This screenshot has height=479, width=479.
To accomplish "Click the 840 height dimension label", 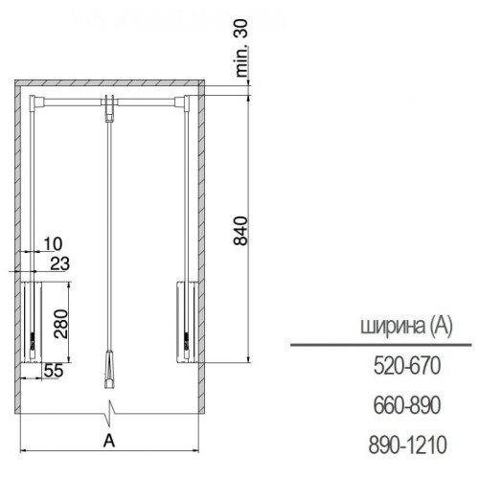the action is pyautogui.click(x=240, y=231).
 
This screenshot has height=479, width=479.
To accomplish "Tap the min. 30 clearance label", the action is pyautogui.click(x=241, y=48).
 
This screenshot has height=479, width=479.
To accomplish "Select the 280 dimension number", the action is pyautogui.click(x=61, y=324).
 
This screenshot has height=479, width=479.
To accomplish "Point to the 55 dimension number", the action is pyautogui.click(x=54, y=371).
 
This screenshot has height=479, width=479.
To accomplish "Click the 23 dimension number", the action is pyautogui.click(x=59, y=263).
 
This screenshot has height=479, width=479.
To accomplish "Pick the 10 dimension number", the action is pyautogui.click(x=53, y=244).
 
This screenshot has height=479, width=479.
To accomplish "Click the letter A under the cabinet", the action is pyautogui.click(x=109, y=441).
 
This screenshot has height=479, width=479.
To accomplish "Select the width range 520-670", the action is pyautogui.click(x=407, y=366).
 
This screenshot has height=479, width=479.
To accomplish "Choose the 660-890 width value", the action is pyautogui.click(x=407, y=405).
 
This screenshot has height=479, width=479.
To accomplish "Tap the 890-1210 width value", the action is pyautogui.click(x=407, y=445).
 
